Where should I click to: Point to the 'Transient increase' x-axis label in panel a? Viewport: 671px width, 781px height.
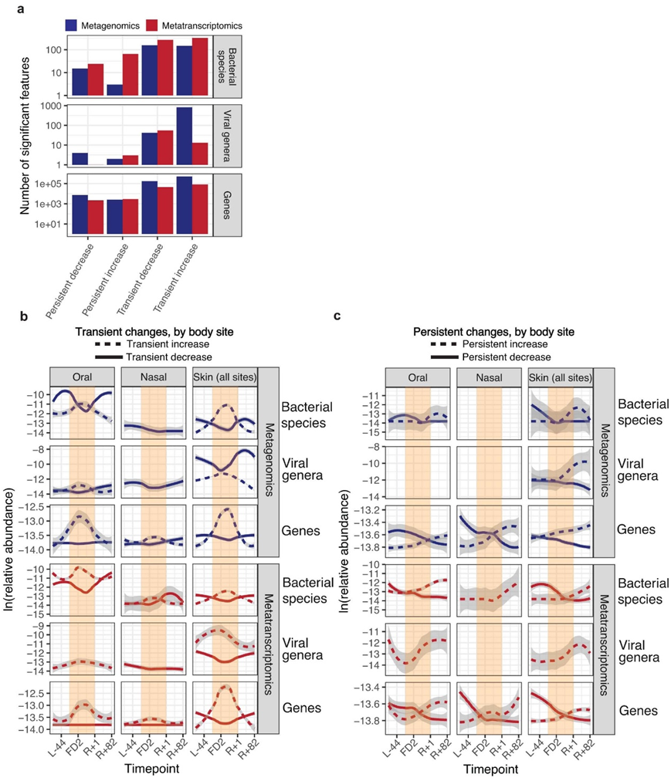click(x=176, y=271)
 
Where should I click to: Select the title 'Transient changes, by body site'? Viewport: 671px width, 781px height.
click(x=154, y=330)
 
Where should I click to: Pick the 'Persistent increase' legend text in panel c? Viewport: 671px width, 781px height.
click(x=506, y=343)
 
